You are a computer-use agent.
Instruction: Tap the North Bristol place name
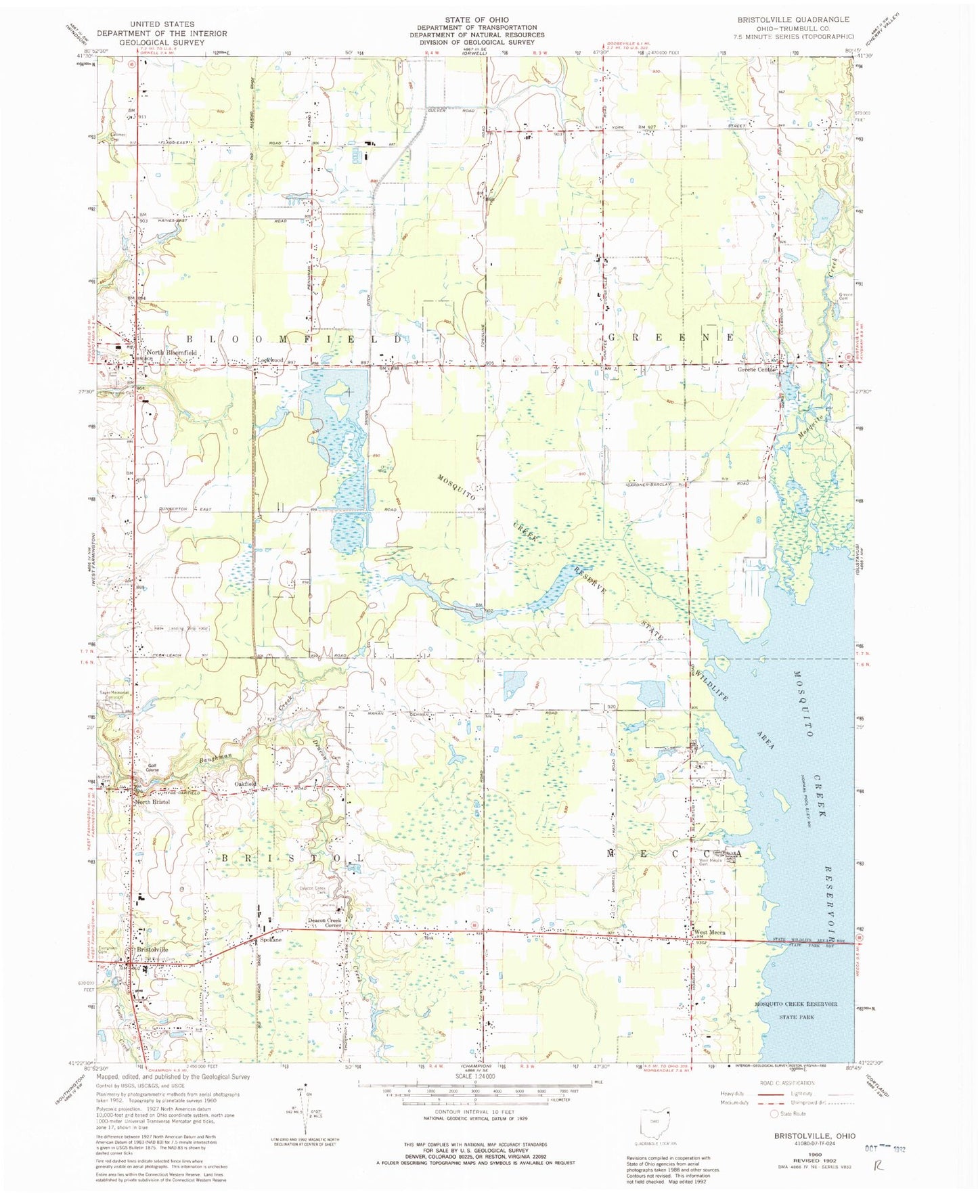point(152,801)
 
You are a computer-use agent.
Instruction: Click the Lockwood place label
point(269,360)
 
